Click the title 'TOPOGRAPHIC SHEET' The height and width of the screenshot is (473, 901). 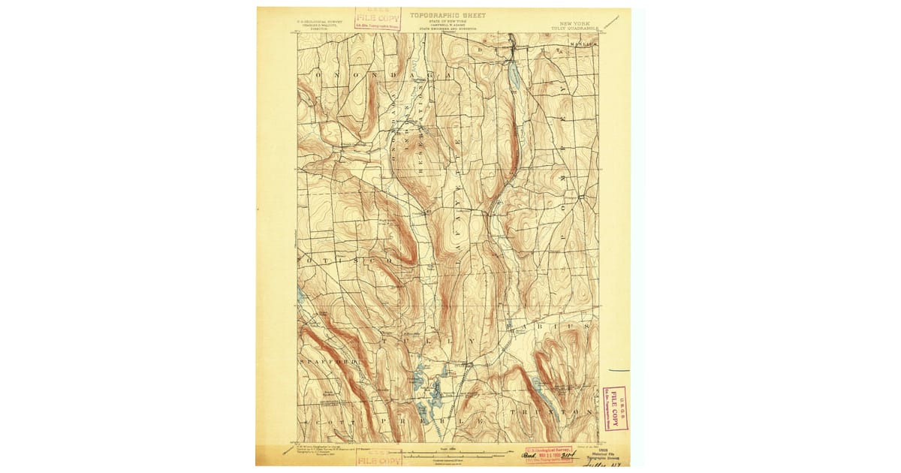pos(447,15)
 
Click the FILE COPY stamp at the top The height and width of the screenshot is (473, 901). pos(378,19)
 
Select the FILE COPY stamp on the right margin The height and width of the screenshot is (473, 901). pos(615,408)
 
